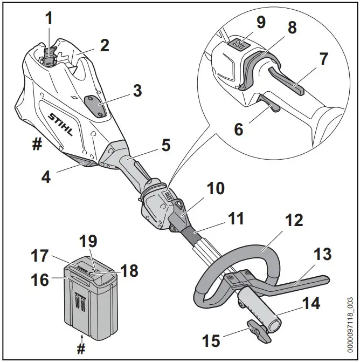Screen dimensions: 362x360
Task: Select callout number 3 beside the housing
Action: point(137,91)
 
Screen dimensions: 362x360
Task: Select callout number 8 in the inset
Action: point(292,28)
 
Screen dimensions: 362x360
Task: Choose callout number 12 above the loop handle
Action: point(294,221)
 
